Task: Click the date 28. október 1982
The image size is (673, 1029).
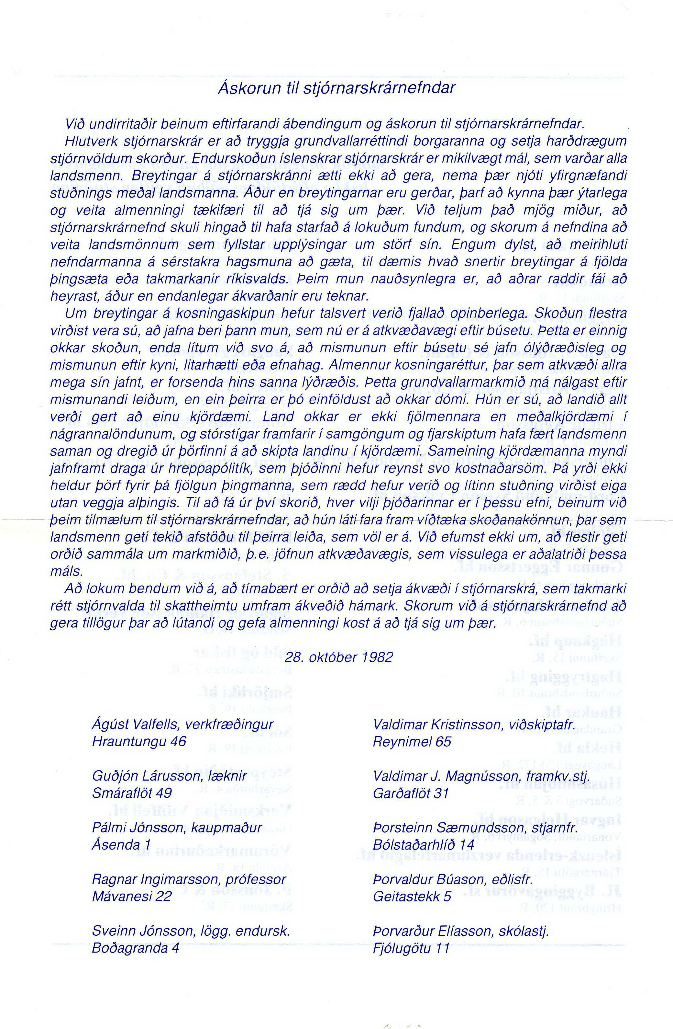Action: click(339, 657)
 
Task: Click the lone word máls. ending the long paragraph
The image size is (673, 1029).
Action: click(66, 571)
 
